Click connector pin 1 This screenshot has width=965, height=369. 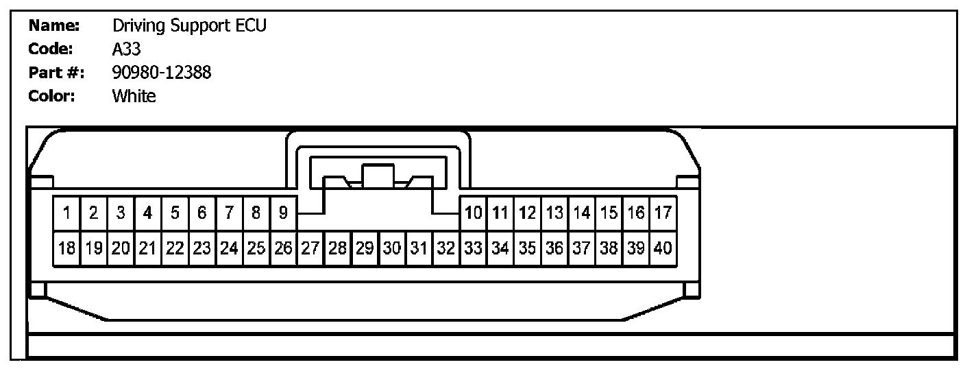tap(66, 213)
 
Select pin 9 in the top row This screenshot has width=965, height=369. tap(283, 213)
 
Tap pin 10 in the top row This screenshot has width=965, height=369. tap(473, 213)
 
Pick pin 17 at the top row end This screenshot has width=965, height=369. tap(663, 213)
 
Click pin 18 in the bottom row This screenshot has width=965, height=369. tap(66, 248)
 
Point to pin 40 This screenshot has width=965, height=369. tap(663, 248)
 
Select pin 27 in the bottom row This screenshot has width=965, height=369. tap(310, 248)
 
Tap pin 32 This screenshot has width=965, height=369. tap(446, 248)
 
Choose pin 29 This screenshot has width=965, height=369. tap(365, 248)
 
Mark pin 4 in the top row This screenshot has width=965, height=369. tap(147, 213)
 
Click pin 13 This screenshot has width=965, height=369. tap(554, 213)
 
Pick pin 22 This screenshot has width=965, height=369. tap(175, 248)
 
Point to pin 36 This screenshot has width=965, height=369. tap(554, 248)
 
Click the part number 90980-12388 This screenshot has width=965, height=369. tap(162, 73)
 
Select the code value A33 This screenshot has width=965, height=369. tap(127, 49)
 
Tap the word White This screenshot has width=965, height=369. tap(134, 96)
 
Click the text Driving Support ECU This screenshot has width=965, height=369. tap(189, 27)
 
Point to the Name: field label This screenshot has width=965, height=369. tap(55, 26)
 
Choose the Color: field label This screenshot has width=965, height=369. tap(51, 96)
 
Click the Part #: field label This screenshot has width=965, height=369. tap(56, 73)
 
